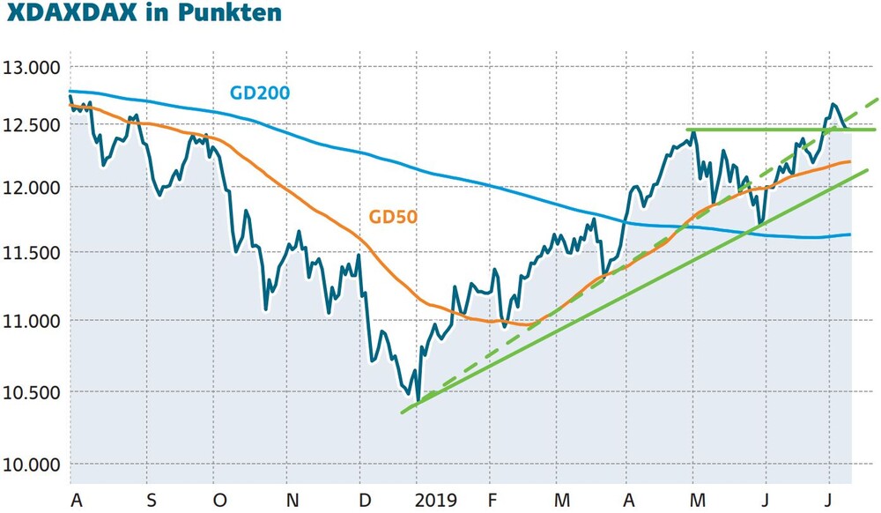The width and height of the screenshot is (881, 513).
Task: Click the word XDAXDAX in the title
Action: (72, 11)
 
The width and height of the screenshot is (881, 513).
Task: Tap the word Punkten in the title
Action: (230, 11)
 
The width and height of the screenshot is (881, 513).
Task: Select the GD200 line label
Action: (260, 93)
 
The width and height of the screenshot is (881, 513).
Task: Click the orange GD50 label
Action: (393, 216)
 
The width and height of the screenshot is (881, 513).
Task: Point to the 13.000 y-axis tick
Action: (32, 68)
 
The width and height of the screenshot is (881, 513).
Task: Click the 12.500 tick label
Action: (32, 125)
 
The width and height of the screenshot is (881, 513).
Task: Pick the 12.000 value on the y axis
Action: (32, 188)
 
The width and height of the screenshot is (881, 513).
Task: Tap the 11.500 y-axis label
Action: (32, 253)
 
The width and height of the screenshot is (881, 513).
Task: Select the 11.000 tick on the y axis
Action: (32, 322)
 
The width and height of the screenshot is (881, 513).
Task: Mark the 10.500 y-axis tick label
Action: (32, 393)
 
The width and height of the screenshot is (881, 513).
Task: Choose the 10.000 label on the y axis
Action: (32, 465)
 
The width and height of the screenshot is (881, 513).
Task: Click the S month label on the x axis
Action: (152, 500)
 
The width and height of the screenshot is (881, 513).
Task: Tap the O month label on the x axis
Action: (220, 500)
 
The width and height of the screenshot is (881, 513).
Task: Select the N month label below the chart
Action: (292, 500)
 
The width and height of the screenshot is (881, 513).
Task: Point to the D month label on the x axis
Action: (365, 500)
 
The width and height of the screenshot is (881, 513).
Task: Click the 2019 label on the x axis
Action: (436, 500)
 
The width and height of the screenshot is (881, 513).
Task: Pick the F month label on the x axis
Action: (492, 500)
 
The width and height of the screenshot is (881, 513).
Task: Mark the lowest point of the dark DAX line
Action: (418, 401)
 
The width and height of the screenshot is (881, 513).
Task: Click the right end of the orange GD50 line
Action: (849, 162)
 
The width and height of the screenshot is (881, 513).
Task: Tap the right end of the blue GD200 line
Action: (849, 234)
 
